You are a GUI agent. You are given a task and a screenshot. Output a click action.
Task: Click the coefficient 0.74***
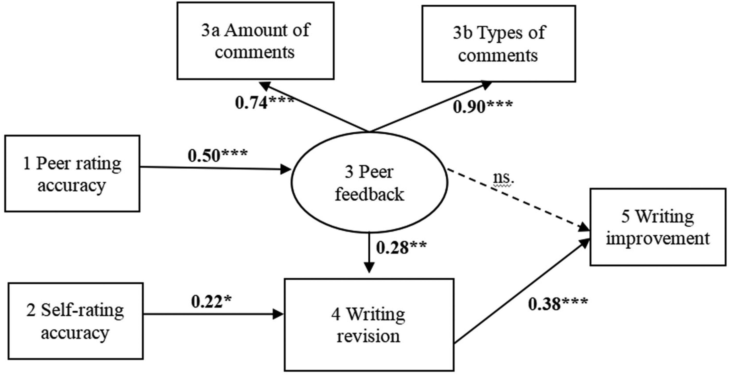click(265, 103)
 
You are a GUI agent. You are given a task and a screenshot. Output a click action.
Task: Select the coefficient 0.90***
click(483, 107)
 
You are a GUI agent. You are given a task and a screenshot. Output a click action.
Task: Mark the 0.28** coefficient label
click(401, 247)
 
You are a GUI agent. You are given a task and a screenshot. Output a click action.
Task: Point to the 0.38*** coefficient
click(558, 304)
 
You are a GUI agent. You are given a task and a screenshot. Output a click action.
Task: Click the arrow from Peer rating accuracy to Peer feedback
click(216, 168)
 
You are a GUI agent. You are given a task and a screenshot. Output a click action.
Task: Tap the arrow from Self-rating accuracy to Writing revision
click(214, 314)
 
